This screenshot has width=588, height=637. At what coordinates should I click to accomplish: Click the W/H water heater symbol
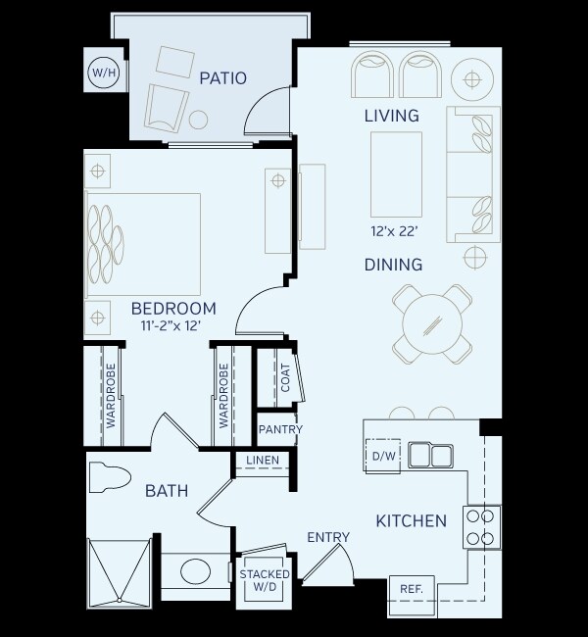101,73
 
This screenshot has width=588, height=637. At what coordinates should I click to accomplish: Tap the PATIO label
222,77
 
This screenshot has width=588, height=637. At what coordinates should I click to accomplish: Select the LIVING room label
391,116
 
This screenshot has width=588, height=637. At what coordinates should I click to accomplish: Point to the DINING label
392,265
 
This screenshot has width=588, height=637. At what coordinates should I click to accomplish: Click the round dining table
433,322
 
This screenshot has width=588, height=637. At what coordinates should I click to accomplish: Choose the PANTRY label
280,429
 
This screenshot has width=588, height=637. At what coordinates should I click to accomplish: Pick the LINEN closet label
263,461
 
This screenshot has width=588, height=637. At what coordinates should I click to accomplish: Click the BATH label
167,490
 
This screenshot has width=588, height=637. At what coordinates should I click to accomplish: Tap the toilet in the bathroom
109,478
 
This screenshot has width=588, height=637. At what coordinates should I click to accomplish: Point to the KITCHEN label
412,520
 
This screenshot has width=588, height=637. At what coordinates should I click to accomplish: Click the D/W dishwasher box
381,456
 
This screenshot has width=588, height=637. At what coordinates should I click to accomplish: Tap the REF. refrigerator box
411,589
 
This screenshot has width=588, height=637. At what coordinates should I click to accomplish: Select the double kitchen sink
431,455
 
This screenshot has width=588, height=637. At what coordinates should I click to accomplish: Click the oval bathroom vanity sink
193,572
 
